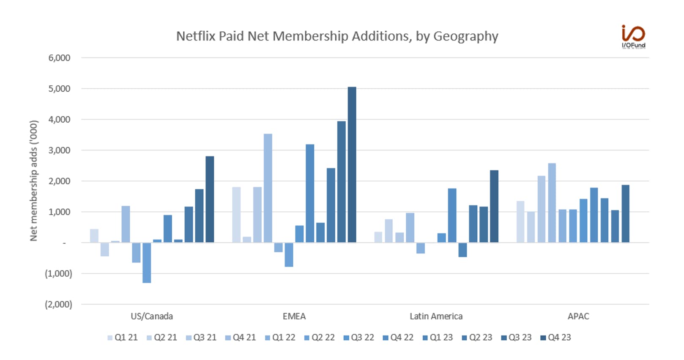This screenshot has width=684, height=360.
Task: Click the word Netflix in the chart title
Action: [196, 36]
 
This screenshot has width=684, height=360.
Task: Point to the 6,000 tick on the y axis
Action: [59, 57]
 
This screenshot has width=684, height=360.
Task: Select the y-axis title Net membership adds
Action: [33, 180]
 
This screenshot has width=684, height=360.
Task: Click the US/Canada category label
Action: [152, 316]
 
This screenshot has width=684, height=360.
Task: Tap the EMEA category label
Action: [294, 316]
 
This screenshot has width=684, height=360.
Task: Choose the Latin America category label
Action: [436, 316]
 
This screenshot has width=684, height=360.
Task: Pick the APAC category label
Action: [578, 316]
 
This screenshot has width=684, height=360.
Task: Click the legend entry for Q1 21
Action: [123, 338]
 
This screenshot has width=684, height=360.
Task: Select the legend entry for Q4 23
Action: [556, 338]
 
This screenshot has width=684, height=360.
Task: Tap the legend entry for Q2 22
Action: [320, 338]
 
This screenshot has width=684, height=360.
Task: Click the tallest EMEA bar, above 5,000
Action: [352, 165]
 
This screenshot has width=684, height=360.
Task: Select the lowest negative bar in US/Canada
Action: [147, 263]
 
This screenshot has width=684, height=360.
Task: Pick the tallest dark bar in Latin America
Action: [494, 206]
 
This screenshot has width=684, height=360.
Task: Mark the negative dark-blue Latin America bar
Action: [462, 250]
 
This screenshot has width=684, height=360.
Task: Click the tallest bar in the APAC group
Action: [552, 203]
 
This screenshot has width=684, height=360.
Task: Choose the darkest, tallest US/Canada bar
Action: [210, 199]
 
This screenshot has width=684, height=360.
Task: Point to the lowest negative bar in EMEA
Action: [289, 255]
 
